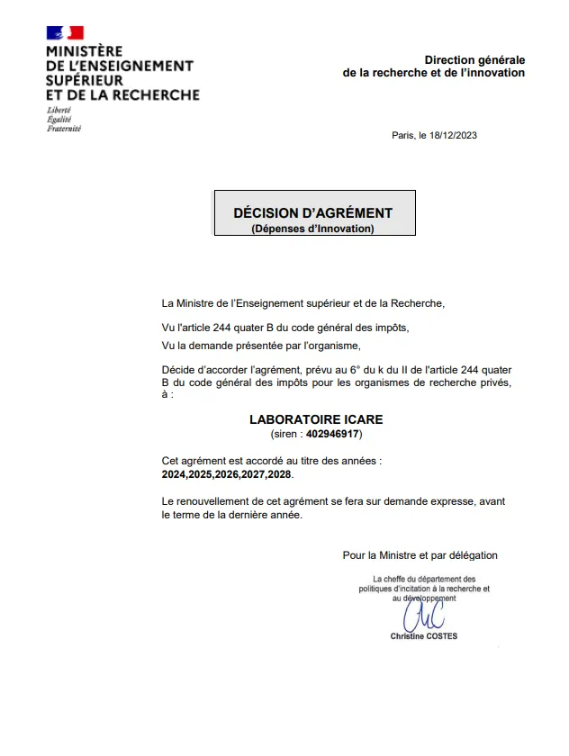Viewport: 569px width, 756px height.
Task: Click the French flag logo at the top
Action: point(65,33)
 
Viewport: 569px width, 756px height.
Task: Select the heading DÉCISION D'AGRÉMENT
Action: point(312,213)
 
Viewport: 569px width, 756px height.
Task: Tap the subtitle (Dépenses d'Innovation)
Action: point(312,229)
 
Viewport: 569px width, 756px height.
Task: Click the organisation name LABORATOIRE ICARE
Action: point(315,419)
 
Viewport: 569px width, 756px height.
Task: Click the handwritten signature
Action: point(423,616)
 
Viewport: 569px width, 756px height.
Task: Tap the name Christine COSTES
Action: point(423,636)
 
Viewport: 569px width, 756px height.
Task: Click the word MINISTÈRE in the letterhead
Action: point(84,51)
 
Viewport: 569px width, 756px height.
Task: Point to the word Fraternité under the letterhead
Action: point(63,129)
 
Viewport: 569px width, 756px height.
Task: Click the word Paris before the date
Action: point(403,135)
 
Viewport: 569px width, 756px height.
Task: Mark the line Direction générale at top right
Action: point(474,59)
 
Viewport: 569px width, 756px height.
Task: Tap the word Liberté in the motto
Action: point(59,110)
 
